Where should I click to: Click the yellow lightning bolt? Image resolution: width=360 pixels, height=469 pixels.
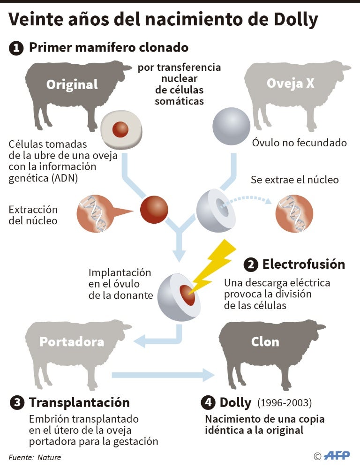[x=213, y=267]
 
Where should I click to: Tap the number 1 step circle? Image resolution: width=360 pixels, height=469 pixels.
[x=16, y=48]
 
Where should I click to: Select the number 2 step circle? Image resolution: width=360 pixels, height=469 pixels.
[x=251, y=265]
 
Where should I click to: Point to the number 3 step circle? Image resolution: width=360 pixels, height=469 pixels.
[x=17, y=403]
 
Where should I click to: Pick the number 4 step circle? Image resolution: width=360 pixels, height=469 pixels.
[x=208, y=403]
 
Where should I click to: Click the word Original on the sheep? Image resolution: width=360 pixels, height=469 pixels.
[x=72, y=84]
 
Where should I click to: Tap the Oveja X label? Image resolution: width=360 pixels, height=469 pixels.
[x=291, y=83]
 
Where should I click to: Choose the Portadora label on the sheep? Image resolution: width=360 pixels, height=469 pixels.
[x=72, y=341]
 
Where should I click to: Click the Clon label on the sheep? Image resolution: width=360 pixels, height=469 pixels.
[x=265, y=341]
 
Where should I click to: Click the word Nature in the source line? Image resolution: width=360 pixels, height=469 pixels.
[x=49, y=457]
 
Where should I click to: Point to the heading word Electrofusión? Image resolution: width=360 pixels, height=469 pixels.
[x=303, y=265]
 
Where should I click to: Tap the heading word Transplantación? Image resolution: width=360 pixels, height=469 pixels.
[x=79, y=402]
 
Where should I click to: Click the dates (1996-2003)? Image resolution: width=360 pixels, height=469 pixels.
[x=284, y=403]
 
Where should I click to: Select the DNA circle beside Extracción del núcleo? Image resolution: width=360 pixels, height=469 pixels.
[x=95, y=214]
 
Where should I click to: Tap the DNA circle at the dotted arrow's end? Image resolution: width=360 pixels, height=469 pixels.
[x=294, y=214]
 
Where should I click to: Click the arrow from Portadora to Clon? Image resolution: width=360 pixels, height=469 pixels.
[x=164, y=374]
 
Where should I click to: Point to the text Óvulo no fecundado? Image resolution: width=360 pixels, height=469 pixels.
[x=300, y=143]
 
